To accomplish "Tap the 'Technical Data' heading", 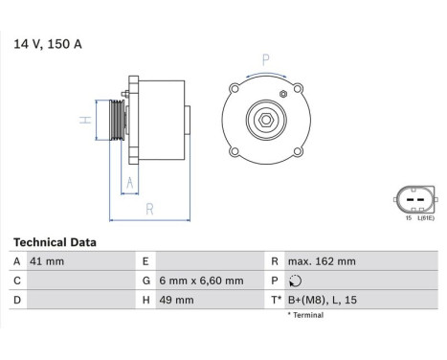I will click(61, 243).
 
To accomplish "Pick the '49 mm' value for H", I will click(183, 301).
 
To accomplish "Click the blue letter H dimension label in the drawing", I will click(84, 120).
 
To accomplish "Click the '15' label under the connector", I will click(406, 218).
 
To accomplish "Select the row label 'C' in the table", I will click(17, 281).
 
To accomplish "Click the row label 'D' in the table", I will click(17, 301).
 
